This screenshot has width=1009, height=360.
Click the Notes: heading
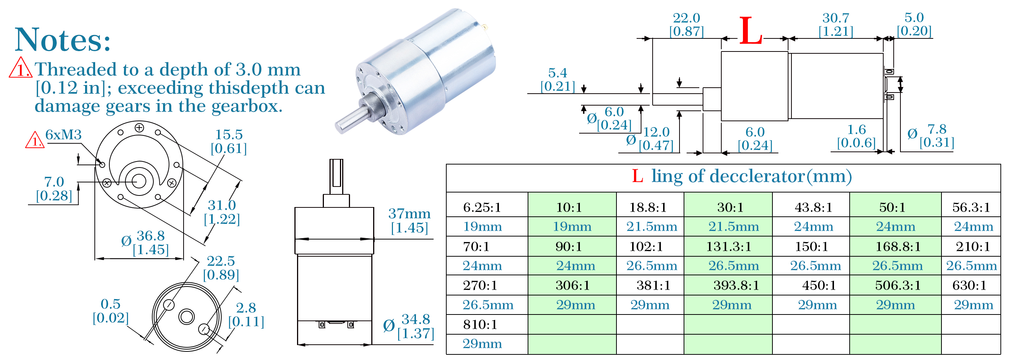point(63,40)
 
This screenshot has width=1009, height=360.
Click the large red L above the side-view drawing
point(750,31)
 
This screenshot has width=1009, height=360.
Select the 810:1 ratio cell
point(480,324)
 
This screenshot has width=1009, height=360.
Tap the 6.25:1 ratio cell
point(482,207)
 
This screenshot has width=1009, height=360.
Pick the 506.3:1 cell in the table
point(898,285)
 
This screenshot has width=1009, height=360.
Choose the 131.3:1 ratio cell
point(728,246)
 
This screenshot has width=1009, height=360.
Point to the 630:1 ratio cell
point(969,285)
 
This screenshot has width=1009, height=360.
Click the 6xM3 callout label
point(63,135)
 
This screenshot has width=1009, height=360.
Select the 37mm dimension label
point(409,214)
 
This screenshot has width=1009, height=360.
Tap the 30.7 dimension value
point(835,18)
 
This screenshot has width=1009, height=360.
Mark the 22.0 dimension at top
point(686,18)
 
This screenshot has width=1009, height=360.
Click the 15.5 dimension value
point(229,135)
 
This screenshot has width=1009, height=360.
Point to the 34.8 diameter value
point(416,319)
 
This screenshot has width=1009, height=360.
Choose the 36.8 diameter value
point(150,236)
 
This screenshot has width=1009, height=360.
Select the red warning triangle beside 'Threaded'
point(21,68)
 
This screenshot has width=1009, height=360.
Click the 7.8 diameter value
point(937,129)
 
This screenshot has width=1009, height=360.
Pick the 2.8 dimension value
point(246,308)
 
